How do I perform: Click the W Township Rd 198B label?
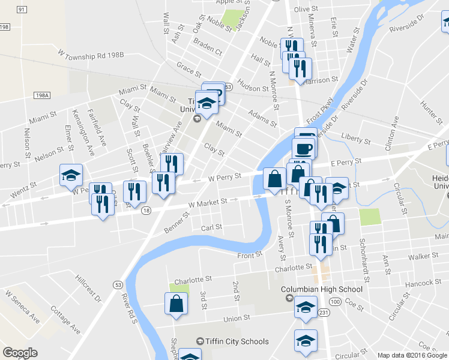[91, 55]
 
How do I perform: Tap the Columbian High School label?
[322, 289]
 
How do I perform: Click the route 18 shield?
[146, 210]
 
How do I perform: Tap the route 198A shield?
[41, 95]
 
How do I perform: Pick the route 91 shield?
[22, 10]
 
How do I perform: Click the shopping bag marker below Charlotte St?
[178, 303]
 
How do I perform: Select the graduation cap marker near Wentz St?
[71, 175]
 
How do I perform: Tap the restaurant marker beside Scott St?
[134, 191]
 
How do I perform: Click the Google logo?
[20, 352]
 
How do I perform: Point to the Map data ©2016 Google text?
[412, 355]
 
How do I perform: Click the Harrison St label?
[327, 80]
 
